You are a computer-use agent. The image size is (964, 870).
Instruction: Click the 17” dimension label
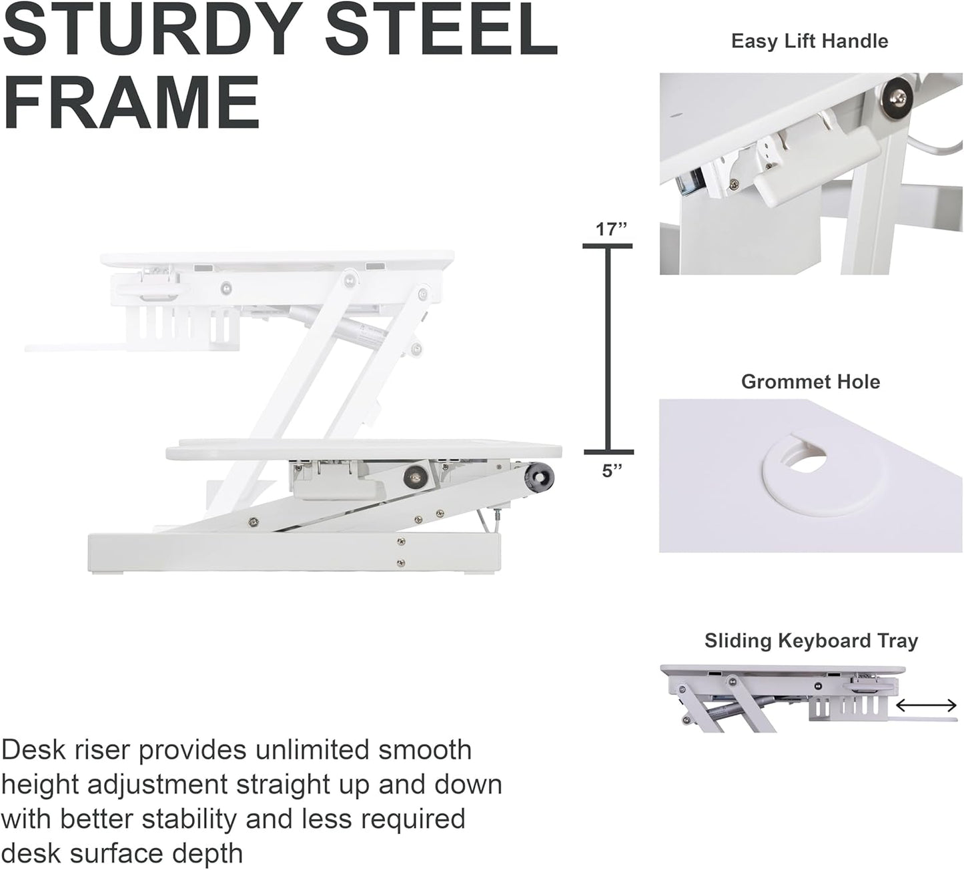pyautogui.click(x=611, y=230)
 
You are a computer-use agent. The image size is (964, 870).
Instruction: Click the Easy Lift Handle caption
pyautogui.click(x=809, y=41)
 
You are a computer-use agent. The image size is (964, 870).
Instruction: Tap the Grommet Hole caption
pyautogui.click(x=810, y=382)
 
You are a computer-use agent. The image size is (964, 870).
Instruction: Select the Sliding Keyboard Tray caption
pyautogui.click(x=811, y=641)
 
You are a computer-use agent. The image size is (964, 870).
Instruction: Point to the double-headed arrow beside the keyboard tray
pyautogui.click(x=926, y=705)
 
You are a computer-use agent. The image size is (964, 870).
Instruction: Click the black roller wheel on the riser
pyautogui.click(x=540, y=478)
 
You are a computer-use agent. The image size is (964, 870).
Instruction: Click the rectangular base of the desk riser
pyautogui.click(x=294, y=552)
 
